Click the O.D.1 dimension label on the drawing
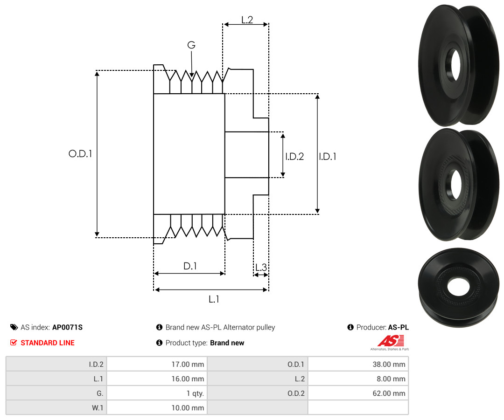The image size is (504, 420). [x=80, y=154]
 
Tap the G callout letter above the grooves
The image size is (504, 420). [x=191, y=45]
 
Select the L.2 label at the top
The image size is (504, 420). [x=247, y=20]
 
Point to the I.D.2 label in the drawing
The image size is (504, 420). [x=294, y=156]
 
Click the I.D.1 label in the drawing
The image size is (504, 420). [x=328, y=156]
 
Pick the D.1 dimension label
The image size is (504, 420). [x=190, y=266]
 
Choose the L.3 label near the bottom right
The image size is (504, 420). [x=261, y=267]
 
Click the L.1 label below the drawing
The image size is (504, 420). [x=214, y=299]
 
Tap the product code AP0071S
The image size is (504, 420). [x=68, y=327]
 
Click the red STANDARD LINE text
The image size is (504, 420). [x=48, y=343]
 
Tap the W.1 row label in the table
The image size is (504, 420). [x=98, y=408]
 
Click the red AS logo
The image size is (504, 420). [x=391, y=341]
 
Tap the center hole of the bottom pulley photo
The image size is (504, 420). [x=458, y=286]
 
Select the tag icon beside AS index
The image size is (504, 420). [x=14, y=327]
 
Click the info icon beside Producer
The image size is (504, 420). [x=350, y=327]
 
